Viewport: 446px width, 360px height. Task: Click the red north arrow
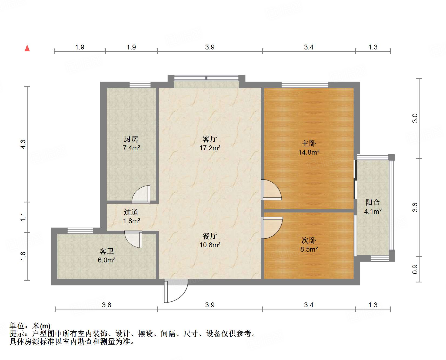[27, 48]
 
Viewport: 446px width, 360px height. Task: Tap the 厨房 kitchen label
[131, 139]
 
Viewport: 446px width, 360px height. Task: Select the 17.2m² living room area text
[210, 148]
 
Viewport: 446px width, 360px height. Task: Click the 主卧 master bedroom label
[309, 144]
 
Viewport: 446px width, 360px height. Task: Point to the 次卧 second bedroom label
[309, 240]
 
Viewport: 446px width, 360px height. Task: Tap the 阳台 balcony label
[373, 202]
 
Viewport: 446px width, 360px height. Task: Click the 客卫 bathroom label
[106, 251]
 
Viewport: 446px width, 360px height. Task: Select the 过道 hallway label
[131, 212]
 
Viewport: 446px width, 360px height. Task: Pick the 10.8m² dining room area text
[210, 245]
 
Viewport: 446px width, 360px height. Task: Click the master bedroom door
[272, 190]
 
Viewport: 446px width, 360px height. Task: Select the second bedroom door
[272, 228]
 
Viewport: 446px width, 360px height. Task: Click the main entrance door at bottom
[176, 291]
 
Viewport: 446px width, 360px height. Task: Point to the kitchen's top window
[140, 85]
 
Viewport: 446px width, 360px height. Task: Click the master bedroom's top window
[305, 85]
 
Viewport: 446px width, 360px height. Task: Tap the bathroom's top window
[80, 231]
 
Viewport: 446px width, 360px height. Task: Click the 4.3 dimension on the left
[23, 144]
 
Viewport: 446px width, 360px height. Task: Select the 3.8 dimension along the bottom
[106, 305]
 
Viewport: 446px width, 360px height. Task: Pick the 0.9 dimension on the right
[415, 269]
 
